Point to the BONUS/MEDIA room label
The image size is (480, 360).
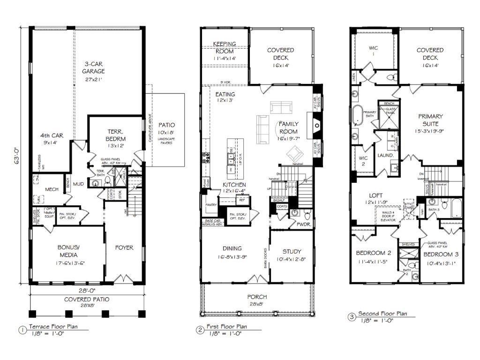point(67,251)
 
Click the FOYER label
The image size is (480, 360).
point(124,247)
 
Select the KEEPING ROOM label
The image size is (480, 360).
point(225,47)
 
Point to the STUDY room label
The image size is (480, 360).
point(292,251)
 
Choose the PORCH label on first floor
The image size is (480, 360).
point(258,297)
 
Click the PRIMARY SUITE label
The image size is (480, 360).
point(430,120)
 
